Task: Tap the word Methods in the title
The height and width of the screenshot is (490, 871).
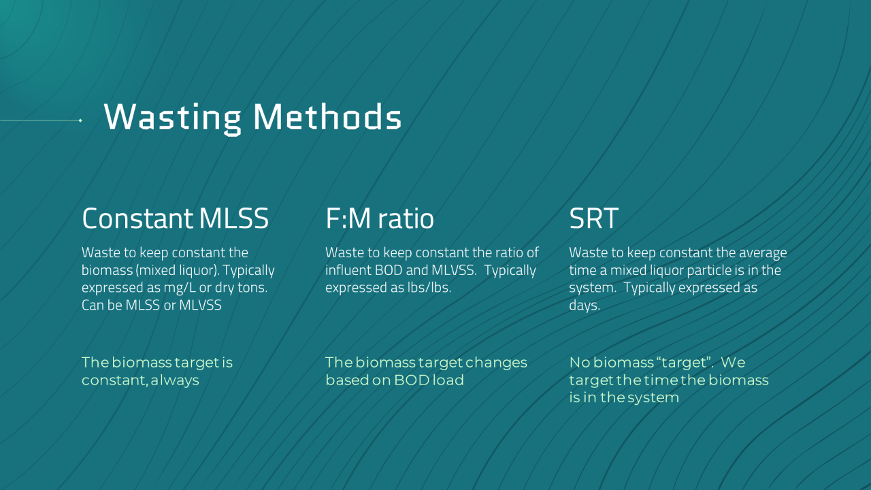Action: point(327,116)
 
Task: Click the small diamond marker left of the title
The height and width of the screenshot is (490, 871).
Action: point(80,120)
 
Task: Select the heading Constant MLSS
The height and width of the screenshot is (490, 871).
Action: point(175,218)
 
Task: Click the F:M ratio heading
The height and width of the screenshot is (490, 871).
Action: point(380,218)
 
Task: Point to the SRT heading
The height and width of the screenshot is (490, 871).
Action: point(594,218)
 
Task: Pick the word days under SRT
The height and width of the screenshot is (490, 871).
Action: point(585,306)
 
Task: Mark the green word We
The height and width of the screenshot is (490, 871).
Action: point(733,363)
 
